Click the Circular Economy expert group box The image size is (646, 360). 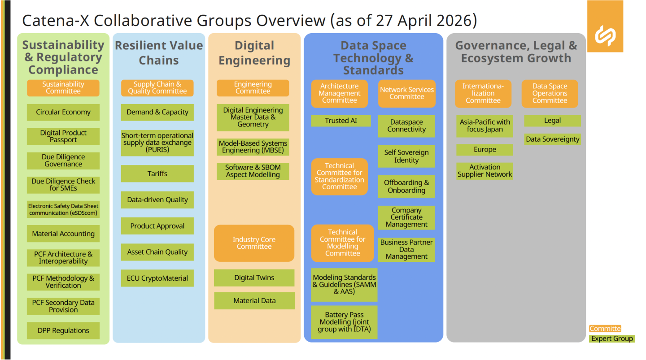[x=63, y=112]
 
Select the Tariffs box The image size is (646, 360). [x=157, y=173]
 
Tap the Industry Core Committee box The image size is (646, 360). [x=254, y=243]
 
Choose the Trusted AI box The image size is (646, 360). [x=341, y=121]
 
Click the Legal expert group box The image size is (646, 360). [x=552, y=121]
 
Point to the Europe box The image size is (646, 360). [x=484, y=150]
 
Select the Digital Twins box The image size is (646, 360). [x=254, y=278]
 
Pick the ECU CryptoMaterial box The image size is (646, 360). [x=157, y=278]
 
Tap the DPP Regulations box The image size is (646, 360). [x=63, y=330]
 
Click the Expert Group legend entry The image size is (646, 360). [x=612, y=338]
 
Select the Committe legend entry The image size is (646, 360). [x=605, y=329]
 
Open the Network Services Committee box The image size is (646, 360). [x=406, y=93]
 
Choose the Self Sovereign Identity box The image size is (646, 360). [x=406, y=156]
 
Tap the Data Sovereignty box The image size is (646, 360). [x=552, y=139]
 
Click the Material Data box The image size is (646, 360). [x=254, y=301]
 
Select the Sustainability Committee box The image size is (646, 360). [x=63, y=88]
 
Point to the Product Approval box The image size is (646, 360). [x=157, y=226]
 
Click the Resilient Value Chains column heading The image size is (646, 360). [x=159, y=53]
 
